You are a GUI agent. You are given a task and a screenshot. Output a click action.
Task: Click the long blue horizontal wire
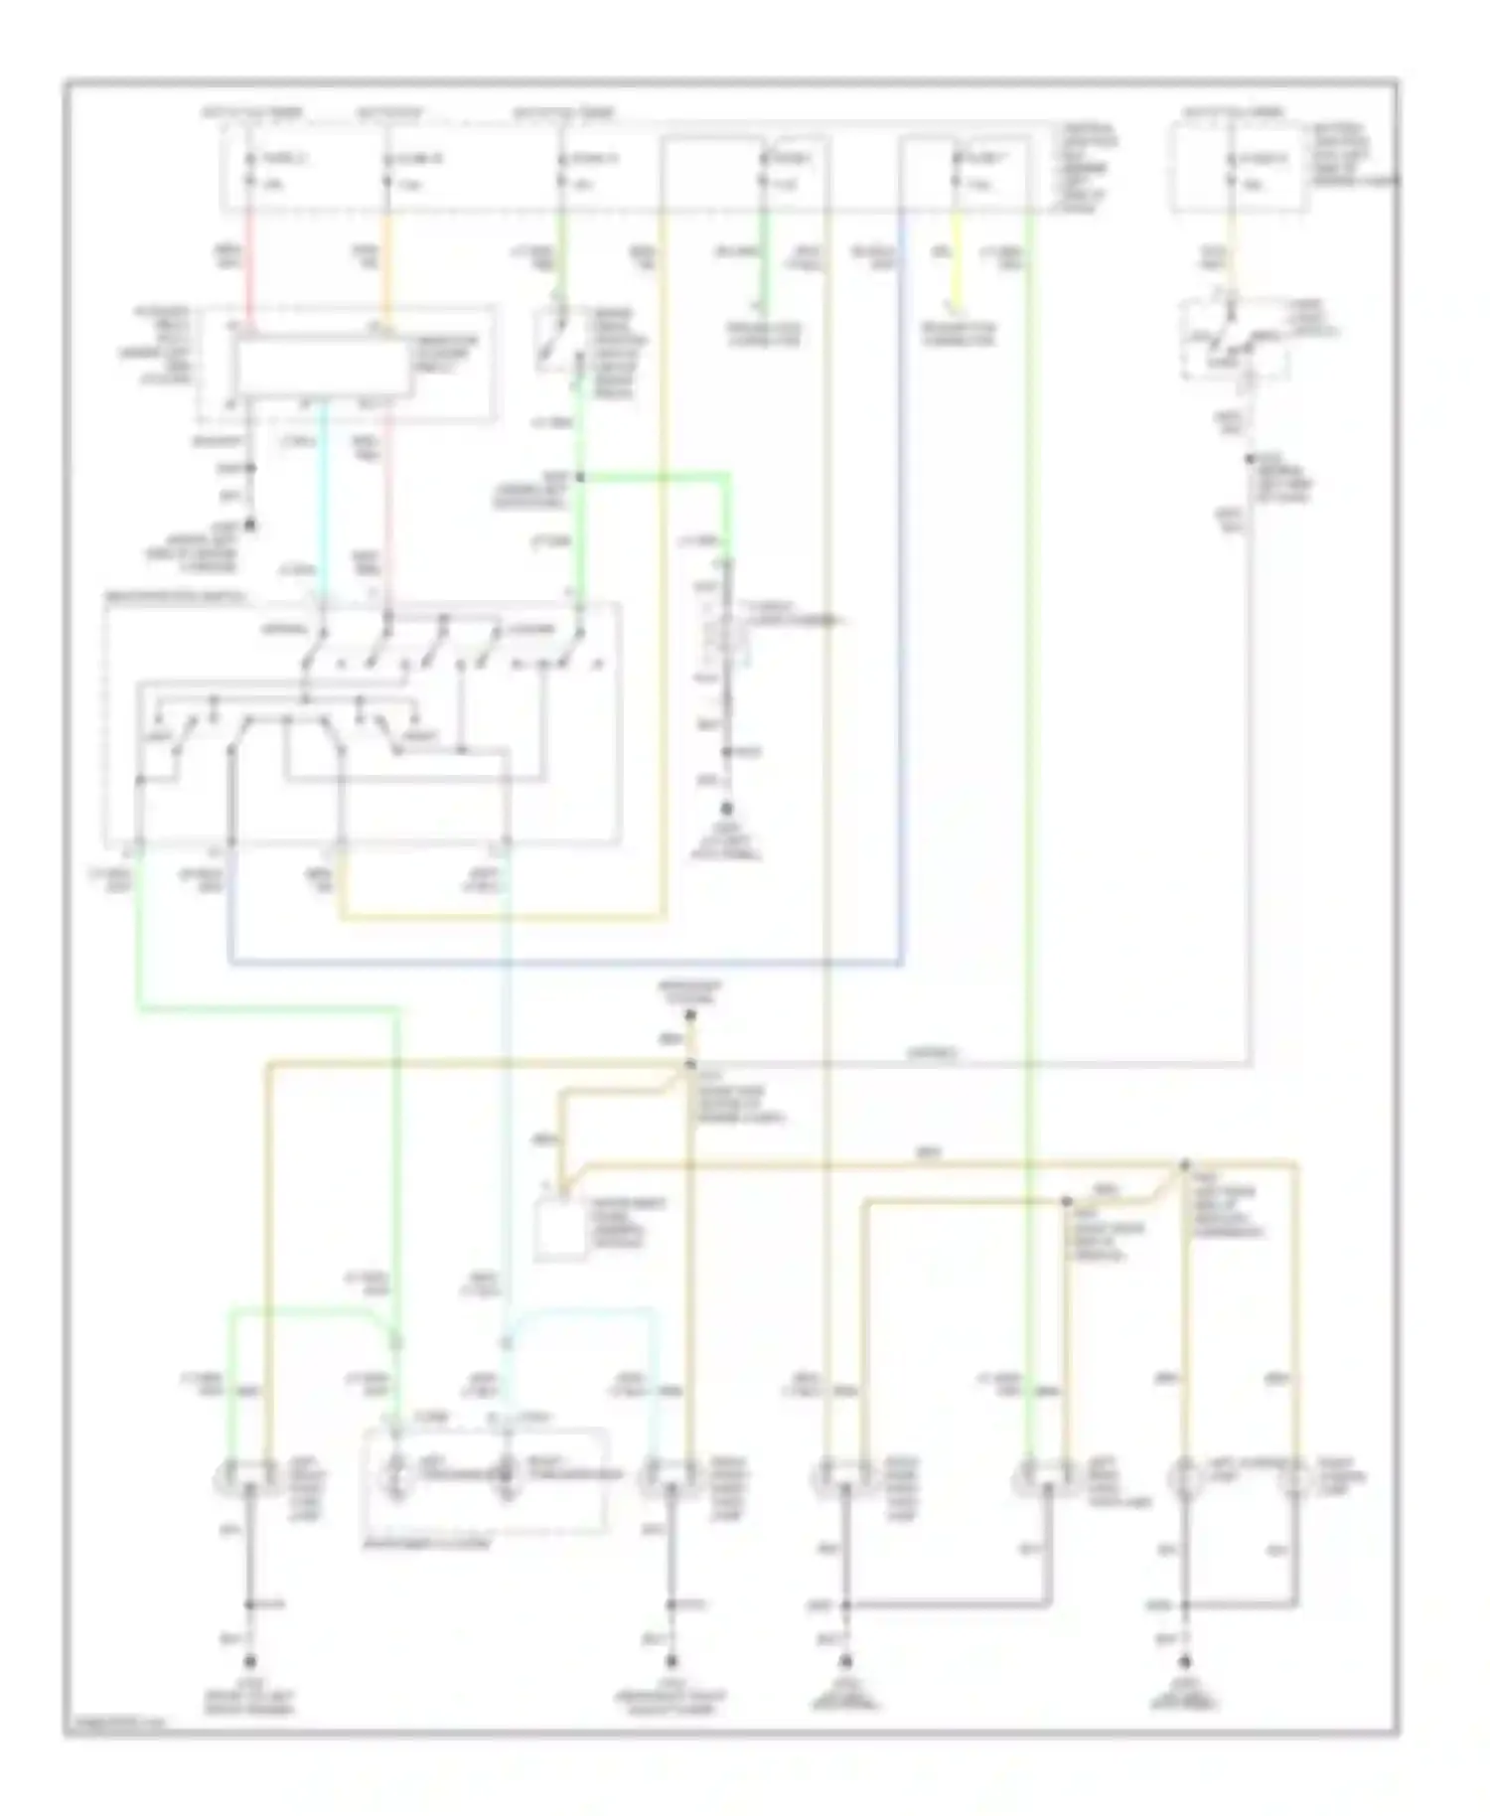tap(566, 963)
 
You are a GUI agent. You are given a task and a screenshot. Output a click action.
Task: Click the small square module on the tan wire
tap(559, 1230)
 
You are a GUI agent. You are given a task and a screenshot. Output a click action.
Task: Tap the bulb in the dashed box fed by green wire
tap(396, 1477)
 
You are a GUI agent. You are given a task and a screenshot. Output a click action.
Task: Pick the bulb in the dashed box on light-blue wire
tap(506, 1477)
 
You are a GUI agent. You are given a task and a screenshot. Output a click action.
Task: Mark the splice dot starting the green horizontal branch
tap(580, 478)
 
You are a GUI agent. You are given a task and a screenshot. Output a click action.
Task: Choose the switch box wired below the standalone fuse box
tap(1235, 341)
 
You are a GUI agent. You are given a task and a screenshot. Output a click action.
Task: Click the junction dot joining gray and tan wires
tap(690, 1065)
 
